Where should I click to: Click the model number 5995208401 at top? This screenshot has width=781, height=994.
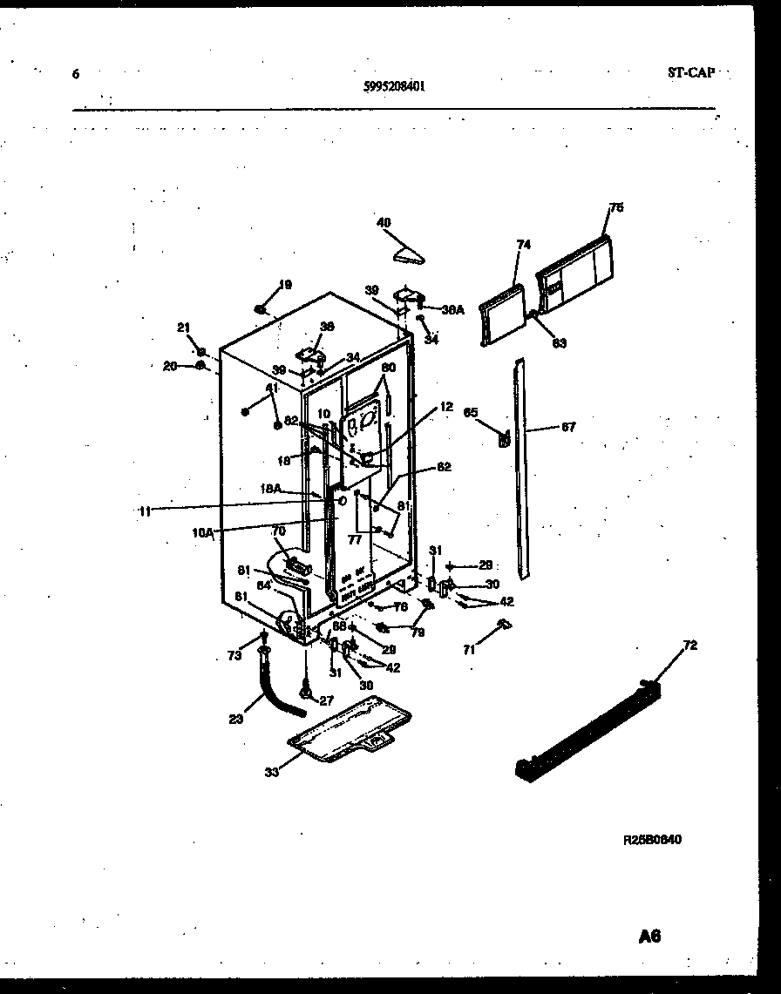(x=394, y=86)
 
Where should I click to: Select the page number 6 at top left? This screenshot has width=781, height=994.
(x=76, y=74)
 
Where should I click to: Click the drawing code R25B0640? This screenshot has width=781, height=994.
(x=652, y=840)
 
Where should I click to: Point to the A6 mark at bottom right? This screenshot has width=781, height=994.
(x=649, y=937)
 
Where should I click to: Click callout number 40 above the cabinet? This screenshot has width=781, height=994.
(x=384, y=222)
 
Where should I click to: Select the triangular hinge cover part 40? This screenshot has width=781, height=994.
(x=408, y=254)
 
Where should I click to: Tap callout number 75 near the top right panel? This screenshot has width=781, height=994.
(x=616, y=207)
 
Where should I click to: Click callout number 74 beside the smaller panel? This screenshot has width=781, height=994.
(x=523, y=246)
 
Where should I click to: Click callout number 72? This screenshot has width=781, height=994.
(x=690, y=645)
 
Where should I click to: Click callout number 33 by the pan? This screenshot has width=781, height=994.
(x=273, y=771)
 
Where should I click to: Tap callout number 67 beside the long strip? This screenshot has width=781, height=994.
(x=568, y=428)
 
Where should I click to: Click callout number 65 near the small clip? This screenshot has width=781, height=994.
(x=471, y=412)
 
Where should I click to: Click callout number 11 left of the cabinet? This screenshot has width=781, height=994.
(x=146, y=512)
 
